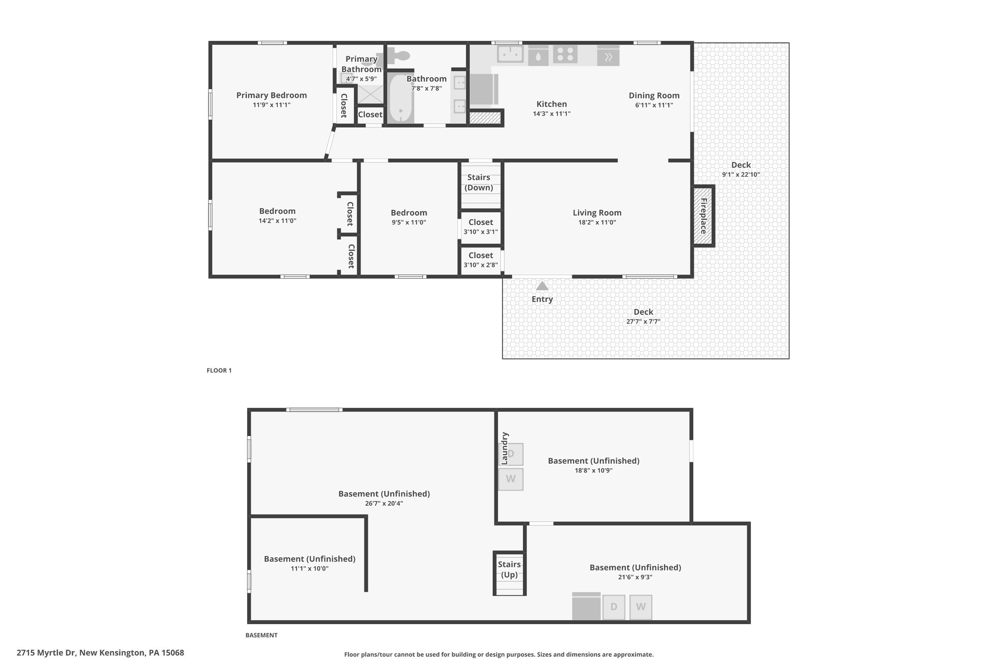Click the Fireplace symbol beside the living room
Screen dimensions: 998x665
coord(704,216)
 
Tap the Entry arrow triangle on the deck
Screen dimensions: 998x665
coord(542,286)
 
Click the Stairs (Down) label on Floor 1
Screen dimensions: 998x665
coord(479,183)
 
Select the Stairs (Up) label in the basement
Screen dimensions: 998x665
coord(509,570)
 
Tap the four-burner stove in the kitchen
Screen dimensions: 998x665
coord(565,54)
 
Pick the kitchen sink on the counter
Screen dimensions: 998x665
coord(510,54)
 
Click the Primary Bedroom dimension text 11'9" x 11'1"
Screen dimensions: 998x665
coord(271,105)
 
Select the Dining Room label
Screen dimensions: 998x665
coord(654,95)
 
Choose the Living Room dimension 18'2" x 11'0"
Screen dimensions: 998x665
coord(597,223)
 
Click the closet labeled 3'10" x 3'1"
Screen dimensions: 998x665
coord(481,227)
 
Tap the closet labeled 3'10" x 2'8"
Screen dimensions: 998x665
coord(481,260)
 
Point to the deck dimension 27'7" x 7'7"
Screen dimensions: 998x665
coord(643,322)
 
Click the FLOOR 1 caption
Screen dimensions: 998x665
coord(219,371)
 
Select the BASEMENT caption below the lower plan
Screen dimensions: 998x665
coord(261,635)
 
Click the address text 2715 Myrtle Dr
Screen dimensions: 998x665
coord(46,653)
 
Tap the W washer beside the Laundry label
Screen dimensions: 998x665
coord(511,479)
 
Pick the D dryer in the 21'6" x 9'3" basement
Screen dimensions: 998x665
coord(614,607)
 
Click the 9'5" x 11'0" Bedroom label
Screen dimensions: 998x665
coord(409,213)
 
